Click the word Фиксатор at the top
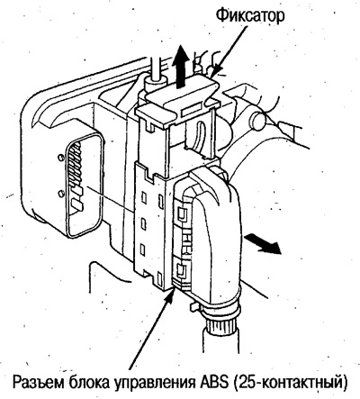250,15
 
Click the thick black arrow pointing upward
180,67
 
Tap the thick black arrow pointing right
263,244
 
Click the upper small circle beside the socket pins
61,157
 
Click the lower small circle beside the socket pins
61,194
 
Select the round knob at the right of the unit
258,121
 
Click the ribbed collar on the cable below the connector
221,316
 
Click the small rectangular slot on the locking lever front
192,109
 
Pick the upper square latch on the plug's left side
181,214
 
